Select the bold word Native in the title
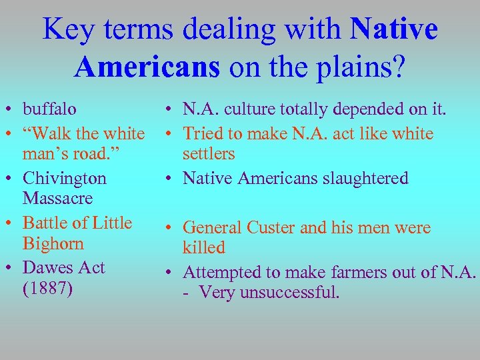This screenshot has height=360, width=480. click(x=393, y=30)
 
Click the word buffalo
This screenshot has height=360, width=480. click(x=49, y=109)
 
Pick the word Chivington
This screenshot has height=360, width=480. click(x=65, y=179)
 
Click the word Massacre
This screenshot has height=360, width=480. click(x=57, y=199)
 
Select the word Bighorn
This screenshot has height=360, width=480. click(x=53, y=243)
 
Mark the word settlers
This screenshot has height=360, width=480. click(x=209, y=154)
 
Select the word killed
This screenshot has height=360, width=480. click(x=204, y=248)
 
